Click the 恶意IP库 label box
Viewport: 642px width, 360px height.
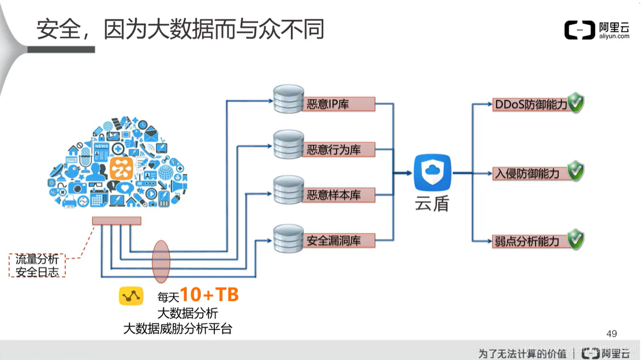(338, 104)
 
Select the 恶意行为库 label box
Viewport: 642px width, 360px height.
(338, 150)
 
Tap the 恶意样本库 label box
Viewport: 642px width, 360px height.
(338, 195)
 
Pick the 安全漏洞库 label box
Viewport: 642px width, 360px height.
(338, 240)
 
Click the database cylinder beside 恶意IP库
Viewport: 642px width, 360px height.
(288, 99)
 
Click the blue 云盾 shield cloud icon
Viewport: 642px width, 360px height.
(432, 172)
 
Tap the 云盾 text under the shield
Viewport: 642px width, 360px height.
(432, 203)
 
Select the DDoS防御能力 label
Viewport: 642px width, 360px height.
(530, 104)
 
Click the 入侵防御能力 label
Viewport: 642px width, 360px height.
(526, 173)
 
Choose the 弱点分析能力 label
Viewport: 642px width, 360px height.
(526, 241)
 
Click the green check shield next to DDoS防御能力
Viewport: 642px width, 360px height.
(576, 102)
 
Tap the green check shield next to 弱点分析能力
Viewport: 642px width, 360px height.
(576, 239)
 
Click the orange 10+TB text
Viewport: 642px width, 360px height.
(209, 295)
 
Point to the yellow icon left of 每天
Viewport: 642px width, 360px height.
(131, 296)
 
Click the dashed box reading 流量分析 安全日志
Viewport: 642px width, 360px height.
(37, 266)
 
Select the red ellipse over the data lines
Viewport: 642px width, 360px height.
(161, 261)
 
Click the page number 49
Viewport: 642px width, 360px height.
(612, 334)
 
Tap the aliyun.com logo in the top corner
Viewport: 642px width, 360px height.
(596, 30)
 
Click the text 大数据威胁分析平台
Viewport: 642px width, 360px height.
(178, 329)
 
